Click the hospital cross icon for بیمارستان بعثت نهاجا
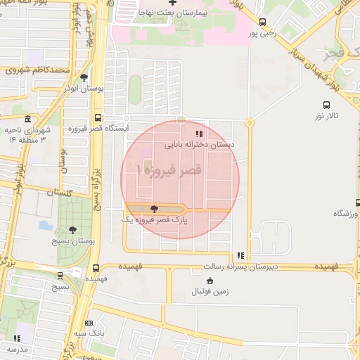pyautogui.click(x=172, y=3)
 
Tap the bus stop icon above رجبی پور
pyautogui.click(x=262, y=22)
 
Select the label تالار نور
pyautogui.click(x=326, y=114)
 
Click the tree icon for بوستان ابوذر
pyautogui.click(x=84, y=77)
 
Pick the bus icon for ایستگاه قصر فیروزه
pyautogui.click(x=97, y=118)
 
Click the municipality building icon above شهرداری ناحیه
pyautogui.click(x=27, y=119)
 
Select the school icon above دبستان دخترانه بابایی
pyautogui.click(x=200, y=133)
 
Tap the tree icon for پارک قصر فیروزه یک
pyautogui.click(x=155, y=209)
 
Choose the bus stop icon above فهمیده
pyautogui.click(x=96, y=268)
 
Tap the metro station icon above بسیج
pyautogui.click(x=60, y=276)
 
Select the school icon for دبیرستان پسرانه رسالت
pyautogui.click(x=241, y=256)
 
